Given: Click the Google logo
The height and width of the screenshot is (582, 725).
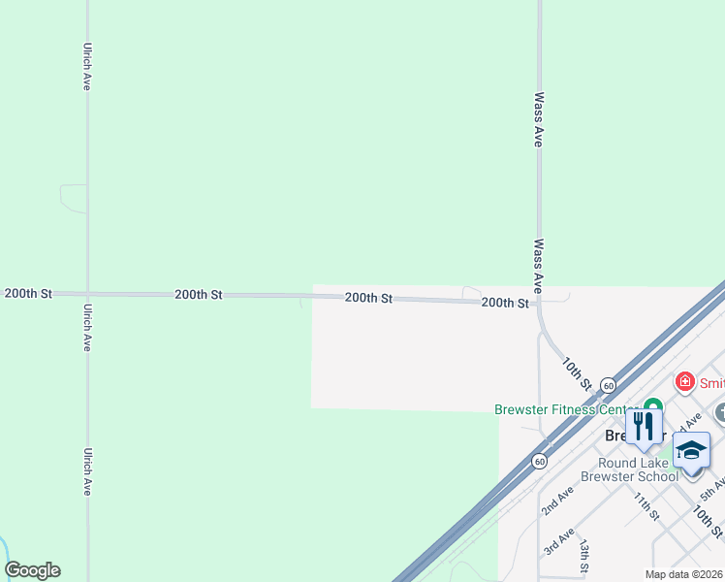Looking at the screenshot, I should point(32,570).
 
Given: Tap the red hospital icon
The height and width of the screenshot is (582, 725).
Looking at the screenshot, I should point(685,381).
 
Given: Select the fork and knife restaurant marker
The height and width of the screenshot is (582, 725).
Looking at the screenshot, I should point(644,426).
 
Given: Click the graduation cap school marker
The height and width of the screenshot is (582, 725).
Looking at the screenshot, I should point(691,451).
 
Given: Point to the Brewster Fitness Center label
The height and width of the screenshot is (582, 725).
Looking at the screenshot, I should point(566,410).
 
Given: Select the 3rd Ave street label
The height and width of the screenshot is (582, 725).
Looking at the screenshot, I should point(558,541).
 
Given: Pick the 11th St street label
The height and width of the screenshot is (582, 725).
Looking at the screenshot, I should point(645,506).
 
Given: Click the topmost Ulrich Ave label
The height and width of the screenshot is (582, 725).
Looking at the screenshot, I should point(87,67).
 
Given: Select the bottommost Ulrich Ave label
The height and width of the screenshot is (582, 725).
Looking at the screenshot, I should point(87,471).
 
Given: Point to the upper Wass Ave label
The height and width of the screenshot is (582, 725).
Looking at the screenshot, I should point(538,119).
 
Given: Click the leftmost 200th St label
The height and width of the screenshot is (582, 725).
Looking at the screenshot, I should point(28,293).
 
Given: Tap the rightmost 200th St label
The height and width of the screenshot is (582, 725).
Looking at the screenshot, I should point(505,303).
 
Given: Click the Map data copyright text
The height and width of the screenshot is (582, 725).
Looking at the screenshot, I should point(684,574).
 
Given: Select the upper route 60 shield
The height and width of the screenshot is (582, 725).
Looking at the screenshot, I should point(607,384).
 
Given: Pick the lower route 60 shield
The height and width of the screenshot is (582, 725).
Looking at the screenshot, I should point(539,461).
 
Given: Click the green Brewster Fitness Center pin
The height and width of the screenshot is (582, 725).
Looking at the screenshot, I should point(652,406).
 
